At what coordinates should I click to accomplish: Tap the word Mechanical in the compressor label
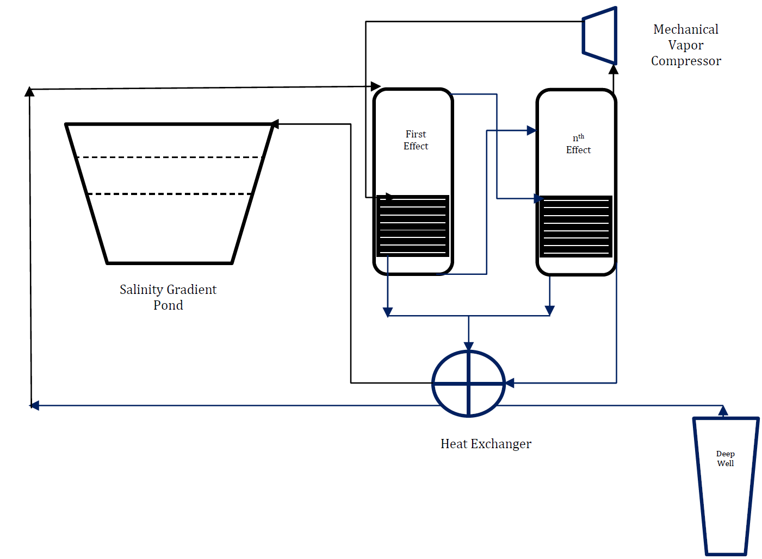(x=686, y=29)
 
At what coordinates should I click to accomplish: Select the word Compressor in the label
(x=686, y=61)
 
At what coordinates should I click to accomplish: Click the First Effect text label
(x=416, y=140)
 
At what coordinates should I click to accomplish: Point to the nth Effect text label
(x=578, y=144)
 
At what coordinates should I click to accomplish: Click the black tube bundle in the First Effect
(x=412, y=226)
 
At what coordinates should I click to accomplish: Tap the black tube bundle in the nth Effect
(x=575, y=227)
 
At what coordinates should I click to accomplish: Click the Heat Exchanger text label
(x=486, y=444)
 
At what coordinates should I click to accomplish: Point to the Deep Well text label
(x=725, y=458)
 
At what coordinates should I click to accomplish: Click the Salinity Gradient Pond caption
(x=168, y=297)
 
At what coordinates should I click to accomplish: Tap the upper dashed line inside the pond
(x=169, y=158)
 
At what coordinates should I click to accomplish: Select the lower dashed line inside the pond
(x=169, y=194)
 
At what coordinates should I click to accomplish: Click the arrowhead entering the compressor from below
(x=614, y=70)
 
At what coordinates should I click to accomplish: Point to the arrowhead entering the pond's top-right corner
(x=276, y=124)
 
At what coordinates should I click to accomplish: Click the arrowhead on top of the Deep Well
(x=723, y=411)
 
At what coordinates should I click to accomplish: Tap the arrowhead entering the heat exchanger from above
(x=469, y=346)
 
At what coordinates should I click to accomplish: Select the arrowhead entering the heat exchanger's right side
(x=510, y=384)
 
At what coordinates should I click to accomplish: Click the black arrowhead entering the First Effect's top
(x=375, y=86)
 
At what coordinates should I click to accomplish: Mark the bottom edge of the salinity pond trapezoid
(x=169, y=263)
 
